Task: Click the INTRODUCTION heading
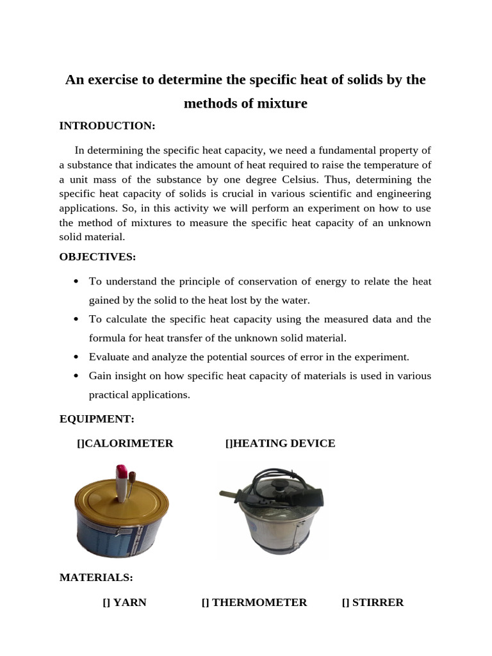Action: [107, 126]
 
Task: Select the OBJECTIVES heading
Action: [97, 257]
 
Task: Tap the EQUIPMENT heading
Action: [97, 419]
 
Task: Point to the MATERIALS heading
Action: [96, 577]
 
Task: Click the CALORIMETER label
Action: [125, 443]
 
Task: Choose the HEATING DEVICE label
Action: [280, 443]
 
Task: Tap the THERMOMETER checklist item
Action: [254, 602]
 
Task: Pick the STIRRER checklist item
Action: [373, 602]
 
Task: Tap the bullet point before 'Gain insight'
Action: [76, 376]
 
